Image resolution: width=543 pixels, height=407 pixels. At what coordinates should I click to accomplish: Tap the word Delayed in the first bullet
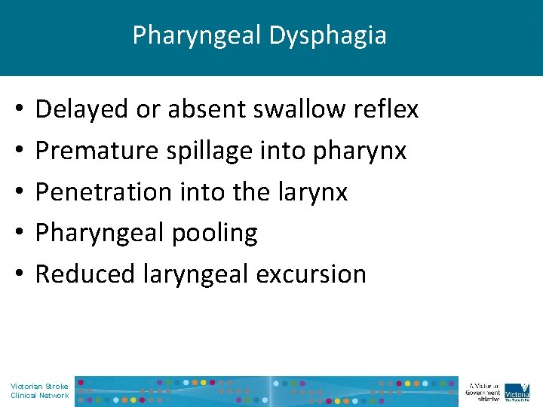(x=82, y=110)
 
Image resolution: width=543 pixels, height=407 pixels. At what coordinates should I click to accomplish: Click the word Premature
(x=93, y=151)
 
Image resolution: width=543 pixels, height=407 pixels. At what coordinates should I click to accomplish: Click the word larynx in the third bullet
(x=313, y=192)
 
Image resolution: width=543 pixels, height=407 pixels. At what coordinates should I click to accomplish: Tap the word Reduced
(x=85, y=274)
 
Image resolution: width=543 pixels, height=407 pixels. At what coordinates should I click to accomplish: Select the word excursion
(x=311, y=274)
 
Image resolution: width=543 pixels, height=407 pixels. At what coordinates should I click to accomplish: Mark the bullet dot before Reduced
(x=17, y=274)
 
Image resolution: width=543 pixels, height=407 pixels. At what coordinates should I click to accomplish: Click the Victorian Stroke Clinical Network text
(x=39, y=390)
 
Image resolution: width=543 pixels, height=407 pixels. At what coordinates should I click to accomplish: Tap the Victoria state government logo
(x=517, y=390)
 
